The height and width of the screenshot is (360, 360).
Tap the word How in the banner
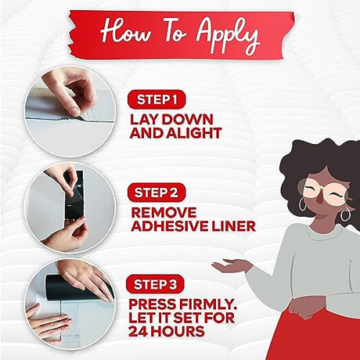[125, 31]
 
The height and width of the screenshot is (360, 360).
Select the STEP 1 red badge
[157, 99]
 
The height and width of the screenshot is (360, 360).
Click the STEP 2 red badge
[157, 193]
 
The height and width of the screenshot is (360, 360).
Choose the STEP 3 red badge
[155, 284]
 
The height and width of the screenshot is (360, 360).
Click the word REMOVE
[164, 212]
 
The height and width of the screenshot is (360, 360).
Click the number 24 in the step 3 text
[138, 331]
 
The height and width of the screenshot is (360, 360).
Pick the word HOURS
[178, 331]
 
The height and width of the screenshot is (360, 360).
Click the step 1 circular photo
[70, 112]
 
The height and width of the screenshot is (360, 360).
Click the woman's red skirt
[313, 334]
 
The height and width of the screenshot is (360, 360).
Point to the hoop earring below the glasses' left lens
[303, 204]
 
